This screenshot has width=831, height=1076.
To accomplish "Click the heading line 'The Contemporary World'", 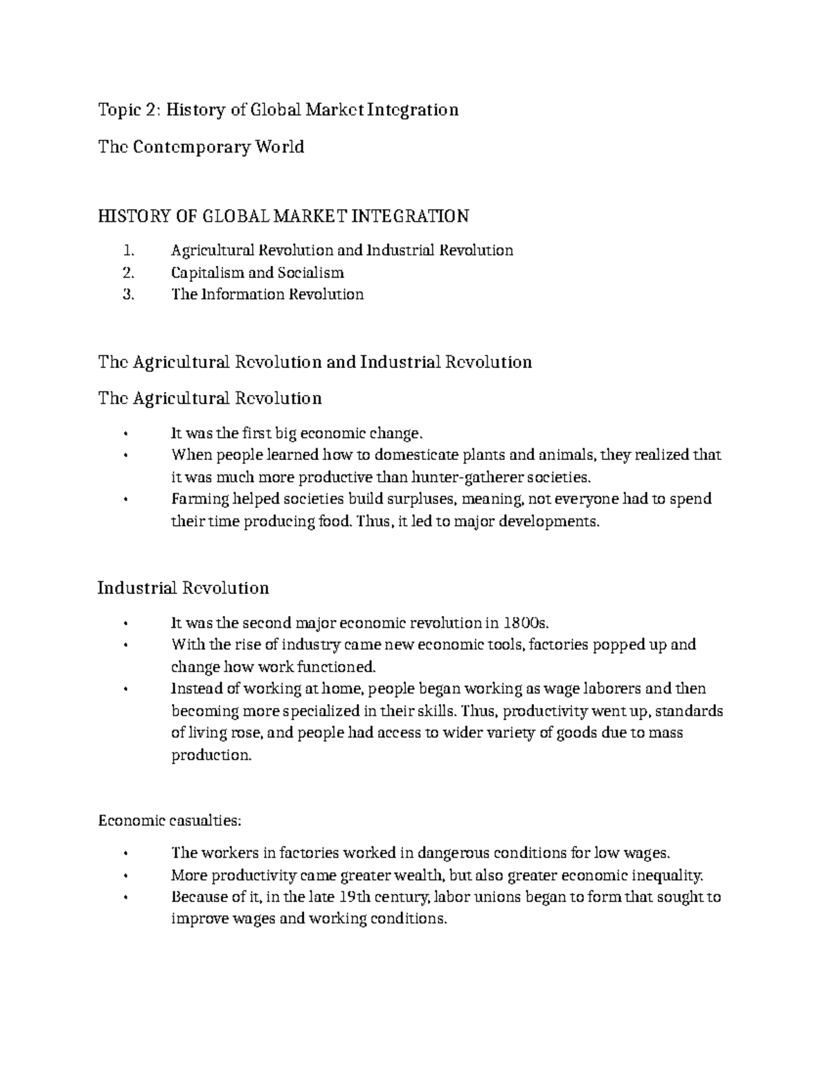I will [201, 147].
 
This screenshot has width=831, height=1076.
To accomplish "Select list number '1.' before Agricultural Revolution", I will [127, 250].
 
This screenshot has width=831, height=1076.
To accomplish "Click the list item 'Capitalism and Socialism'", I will [257, 272].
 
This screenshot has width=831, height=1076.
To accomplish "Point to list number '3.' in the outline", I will [127, 294].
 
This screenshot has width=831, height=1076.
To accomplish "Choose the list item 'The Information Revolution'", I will [267, 294].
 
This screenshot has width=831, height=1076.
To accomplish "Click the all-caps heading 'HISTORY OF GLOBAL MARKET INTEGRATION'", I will [283, 217].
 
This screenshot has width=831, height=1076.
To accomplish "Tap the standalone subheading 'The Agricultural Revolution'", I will [210, 398].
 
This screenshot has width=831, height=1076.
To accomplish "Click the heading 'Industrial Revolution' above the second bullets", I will [183, 588].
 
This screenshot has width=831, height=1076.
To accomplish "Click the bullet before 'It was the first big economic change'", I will [125, 434].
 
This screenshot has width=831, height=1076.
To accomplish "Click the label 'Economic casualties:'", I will [170, 821].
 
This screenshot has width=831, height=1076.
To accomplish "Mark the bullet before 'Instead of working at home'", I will [125, 689].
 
